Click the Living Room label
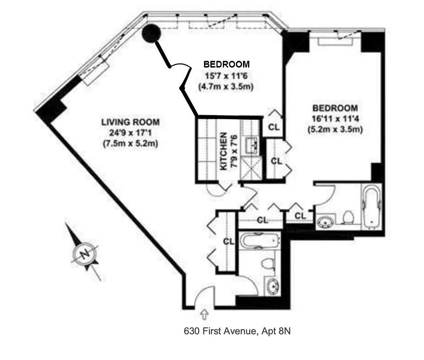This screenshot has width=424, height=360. click(x=130, y=121)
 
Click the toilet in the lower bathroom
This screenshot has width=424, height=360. click(x=268, y=265)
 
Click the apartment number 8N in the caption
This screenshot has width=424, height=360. click(x=284, y=332)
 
